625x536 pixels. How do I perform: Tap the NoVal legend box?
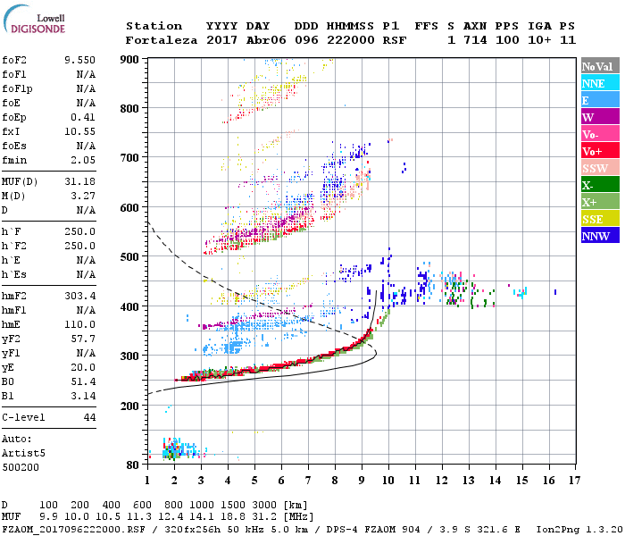[x=599, y=66]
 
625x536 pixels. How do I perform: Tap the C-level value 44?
[x=89, y=417]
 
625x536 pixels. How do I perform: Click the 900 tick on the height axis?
[x=131, y=59]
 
